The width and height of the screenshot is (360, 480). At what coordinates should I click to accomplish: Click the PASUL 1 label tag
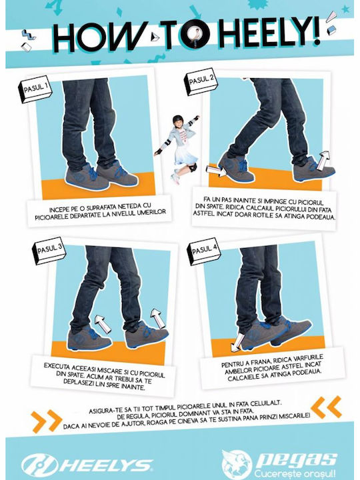point(35,89)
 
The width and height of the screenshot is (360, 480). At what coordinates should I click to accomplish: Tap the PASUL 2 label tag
point(201,82)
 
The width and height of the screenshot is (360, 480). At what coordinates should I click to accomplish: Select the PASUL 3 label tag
point(49,251)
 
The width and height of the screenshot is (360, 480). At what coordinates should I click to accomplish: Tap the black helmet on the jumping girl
point(178,119)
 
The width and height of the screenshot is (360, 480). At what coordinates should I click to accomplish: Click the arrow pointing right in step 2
point(216,171)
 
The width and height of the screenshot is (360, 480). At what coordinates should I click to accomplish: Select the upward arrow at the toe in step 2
point(323,161)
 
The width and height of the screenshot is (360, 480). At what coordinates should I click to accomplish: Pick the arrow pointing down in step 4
point(237,343)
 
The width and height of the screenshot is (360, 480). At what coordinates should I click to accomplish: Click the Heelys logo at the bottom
point(87,465)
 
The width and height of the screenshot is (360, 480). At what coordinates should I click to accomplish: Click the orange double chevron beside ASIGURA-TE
point(46,421)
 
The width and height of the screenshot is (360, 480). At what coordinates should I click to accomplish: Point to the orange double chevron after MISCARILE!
point(326,407)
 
